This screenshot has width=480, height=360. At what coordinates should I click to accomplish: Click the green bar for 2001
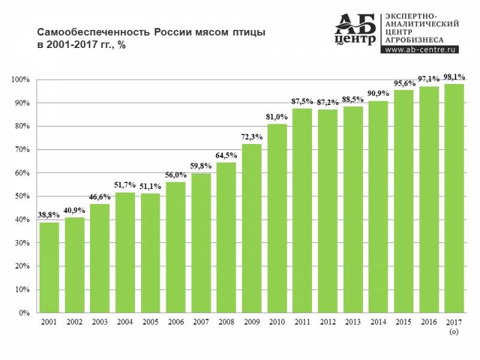point(49,268)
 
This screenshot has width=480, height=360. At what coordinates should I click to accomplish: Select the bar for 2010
point(277,218)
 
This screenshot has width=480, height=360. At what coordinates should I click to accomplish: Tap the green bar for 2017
point(454,199)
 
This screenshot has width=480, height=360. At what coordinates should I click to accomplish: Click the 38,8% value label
point(49,214)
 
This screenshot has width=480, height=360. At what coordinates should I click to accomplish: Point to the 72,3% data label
point(252,136)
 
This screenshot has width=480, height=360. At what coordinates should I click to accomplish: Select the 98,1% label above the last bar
point(454,76)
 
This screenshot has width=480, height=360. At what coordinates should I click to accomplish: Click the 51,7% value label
point(125,184)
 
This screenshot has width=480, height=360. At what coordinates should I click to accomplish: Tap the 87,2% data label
point(328,101)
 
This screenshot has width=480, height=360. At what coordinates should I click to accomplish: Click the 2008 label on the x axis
point(226,323)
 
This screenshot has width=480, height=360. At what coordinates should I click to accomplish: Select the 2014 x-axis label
point(378,323)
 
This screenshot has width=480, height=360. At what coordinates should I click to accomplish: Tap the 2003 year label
point(100,323)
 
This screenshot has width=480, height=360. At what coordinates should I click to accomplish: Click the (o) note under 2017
point(454,331)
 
